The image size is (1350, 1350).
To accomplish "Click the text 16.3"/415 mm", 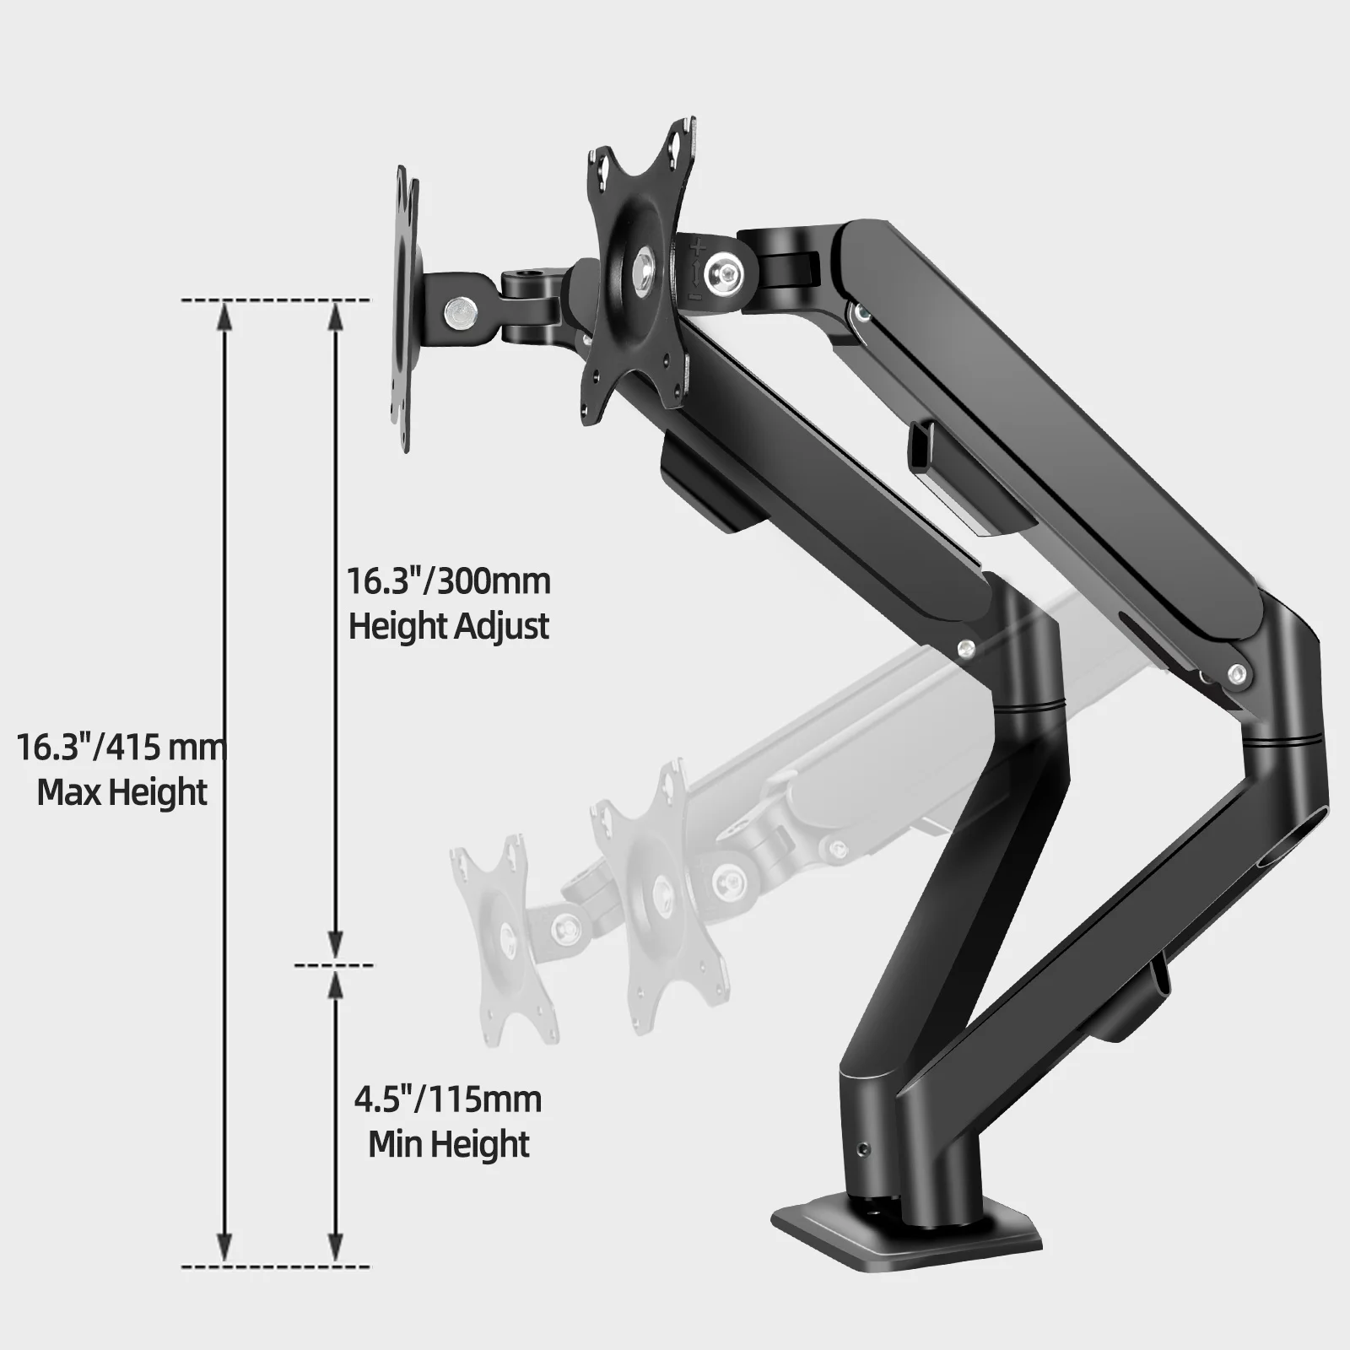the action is click(x=123, y=748).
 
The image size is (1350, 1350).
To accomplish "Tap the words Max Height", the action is click(x=122, y=793).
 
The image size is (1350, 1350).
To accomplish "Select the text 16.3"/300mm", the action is click(x=449, y=581).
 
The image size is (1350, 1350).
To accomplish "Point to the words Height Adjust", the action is click(x=449, y=627).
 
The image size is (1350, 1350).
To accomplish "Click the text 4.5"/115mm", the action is click(x=448, y=1100).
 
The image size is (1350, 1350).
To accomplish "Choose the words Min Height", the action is click(x=449, y=1145).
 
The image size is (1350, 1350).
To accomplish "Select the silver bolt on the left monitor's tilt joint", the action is click(x=460, y=310).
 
